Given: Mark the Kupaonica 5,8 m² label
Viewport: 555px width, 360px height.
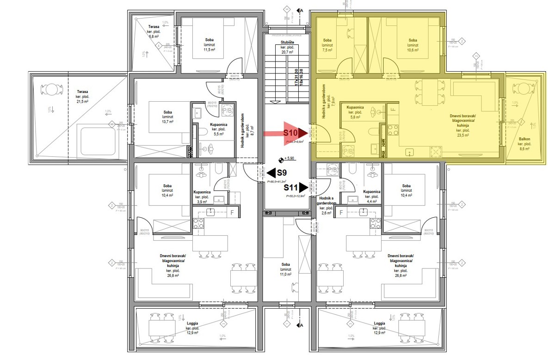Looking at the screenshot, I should [x=355, y=112].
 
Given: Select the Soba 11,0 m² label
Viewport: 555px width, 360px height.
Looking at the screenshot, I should [x=286, y=269].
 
